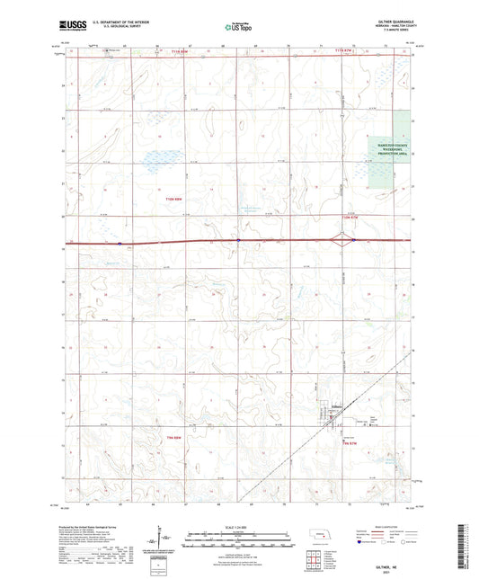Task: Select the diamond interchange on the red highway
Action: click(x=344, y=240)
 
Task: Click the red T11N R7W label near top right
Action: click(x=346, y=51)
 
